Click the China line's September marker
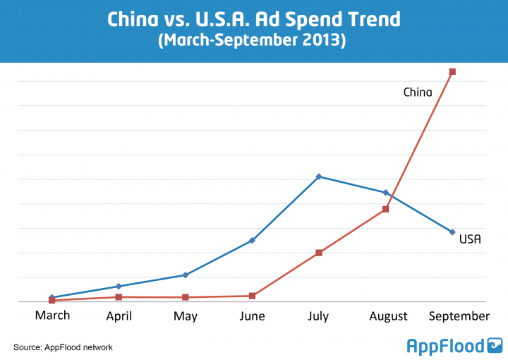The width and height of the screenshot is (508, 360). [452, 71]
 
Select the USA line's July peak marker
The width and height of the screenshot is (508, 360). [319, 176]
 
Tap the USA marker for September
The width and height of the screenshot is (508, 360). [452, 232]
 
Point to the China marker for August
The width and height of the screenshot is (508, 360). [386, 209]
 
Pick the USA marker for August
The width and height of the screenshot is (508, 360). [386, 192]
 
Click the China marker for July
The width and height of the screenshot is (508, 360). [319, 252]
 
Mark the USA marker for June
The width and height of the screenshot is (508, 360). [252, 241]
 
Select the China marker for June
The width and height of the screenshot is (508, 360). [252, 296]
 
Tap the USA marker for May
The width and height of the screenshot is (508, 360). [186, 275]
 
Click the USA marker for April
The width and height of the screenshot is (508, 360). [119, 286]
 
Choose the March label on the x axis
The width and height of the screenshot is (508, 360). [53, 315]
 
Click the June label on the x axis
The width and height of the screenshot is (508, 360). [252, 316]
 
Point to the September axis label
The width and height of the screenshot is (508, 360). [459, 316]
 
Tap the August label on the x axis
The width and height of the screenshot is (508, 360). [389, 316]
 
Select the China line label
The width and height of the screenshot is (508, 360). [418, 92]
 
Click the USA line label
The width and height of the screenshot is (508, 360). [470, 239]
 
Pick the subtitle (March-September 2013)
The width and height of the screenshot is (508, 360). [254, 41]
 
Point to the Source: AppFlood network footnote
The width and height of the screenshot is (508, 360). [63, 347]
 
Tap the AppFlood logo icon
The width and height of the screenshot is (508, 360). [495, 345]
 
